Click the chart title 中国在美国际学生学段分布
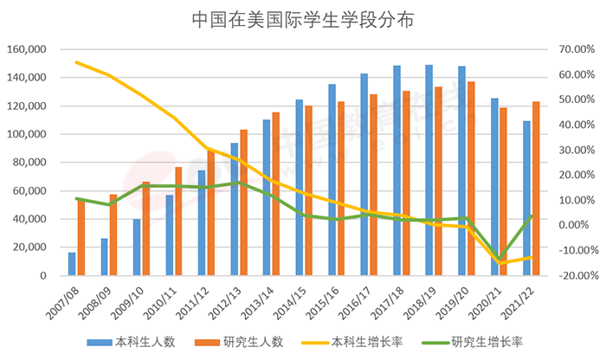[x=302, y=19]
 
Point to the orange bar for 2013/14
[x=276, y=194]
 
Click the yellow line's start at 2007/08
[x=77, y=62]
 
